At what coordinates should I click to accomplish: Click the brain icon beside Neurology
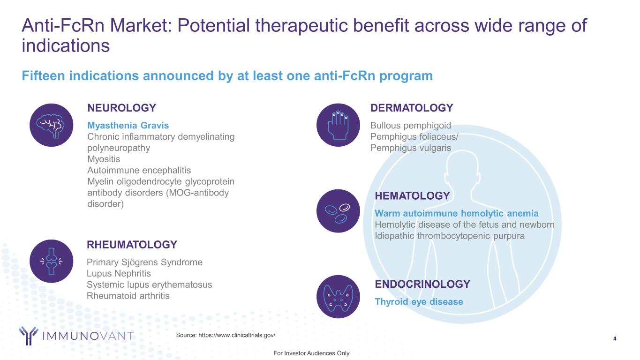coord(52,125)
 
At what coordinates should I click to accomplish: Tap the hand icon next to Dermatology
coord(338,125)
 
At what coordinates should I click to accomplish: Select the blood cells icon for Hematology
coord(338,211)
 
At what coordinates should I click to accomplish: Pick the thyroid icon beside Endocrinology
coord(338,297)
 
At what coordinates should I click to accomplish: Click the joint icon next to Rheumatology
coord(52,261)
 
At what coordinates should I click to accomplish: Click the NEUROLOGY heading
coord(122,108)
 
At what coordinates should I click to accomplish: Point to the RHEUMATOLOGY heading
coord(132,245)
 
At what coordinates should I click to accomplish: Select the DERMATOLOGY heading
coord(412,108)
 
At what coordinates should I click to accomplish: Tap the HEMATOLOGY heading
coord(412,196)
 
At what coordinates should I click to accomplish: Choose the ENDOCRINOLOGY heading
coord(422,284)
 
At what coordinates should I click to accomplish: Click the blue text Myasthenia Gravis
coord(128,126)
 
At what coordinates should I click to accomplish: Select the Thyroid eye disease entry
coord(419,302)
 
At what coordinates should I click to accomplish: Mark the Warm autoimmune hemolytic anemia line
coord(457,213)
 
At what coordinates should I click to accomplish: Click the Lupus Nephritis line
coord(119,273)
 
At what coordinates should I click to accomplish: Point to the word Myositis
coord(104,159)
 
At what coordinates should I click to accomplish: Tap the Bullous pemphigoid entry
coord(411,126)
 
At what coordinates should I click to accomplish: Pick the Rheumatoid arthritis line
coord(128,296)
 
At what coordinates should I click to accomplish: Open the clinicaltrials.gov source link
coord(237,335)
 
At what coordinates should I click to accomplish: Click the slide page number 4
coord(615,339)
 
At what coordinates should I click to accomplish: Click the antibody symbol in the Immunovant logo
coord(28,336)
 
